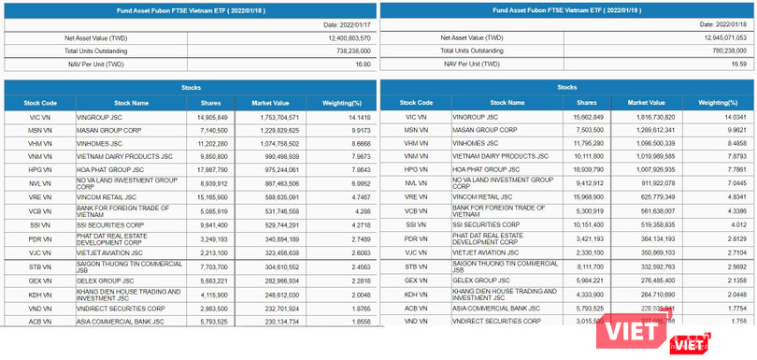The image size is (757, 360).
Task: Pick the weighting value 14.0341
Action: [x=718, y=117]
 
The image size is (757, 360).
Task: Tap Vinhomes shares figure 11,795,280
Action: [x=586, y=143]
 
